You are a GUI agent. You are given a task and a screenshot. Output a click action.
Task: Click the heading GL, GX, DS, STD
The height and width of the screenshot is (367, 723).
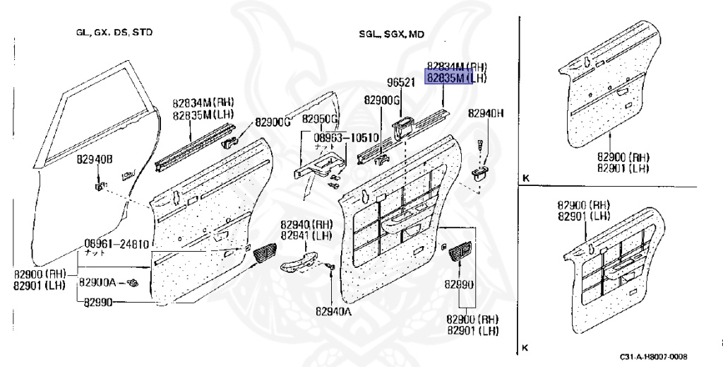pos(114,33)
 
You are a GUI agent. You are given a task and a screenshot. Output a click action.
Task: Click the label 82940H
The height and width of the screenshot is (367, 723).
pos(485,113)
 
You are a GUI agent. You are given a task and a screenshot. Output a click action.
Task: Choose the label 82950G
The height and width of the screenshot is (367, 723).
pos(321,119)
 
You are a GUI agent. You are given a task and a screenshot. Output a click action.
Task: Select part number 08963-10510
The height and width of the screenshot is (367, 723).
pos(347,138)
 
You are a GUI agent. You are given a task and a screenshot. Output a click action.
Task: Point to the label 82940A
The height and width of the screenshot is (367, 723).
pos(332,310)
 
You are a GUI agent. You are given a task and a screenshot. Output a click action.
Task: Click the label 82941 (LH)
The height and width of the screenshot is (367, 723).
pos(306,235)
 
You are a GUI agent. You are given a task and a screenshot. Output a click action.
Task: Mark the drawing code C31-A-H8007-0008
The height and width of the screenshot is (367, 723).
pos(653,357)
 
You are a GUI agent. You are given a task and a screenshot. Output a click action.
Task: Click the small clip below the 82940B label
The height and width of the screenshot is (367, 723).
pos(99,187)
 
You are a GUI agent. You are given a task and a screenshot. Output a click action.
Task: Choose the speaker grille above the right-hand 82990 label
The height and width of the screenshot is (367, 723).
pos(459,251)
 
